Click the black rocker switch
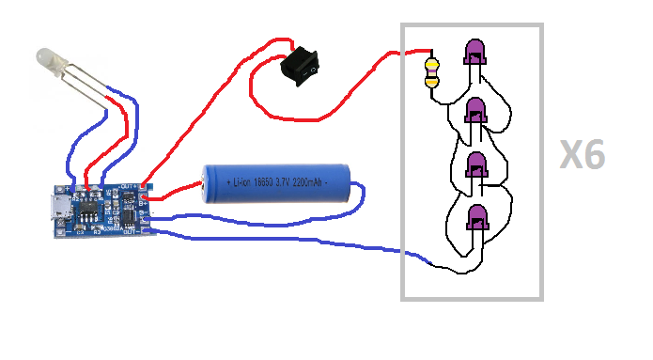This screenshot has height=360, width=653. tap(303, 63)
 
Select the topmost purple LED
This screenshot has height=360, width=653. tap(475, 53)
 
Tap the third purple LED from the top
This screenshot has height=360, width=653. tap(477, 164)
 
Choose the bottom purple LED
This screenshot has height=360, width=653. tap(477, 218)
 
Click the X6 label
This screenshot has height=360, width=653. tap(583, 156)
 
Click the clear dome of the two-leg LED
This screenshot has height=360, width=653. tap(49, 64)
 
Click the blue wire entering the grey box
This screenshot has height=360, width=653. tap(395, 252)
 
